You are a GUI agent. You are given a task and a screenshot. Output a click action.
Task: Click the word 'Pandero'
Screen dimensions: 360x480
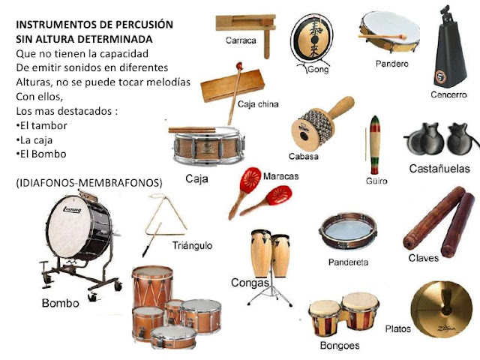pyautogui.click(x=392, y=64)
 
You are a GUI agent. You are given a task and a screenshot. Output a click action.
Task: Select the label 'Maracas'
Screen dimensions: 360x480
pyautogui.click(x=282, y=175)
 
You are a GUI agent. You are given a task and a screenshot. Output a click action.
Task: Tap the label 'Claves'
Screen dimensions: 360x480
pyautogui.click(x=424, y=258)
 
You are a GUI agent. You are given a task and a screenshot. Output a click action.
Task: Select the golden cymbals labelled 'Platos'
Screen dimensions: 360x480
pyautogui.click(x=443, y=307)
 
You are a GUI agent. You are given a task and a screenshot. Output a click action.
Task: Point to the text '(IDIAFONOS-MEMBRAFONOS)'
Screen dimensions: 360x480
pyautogui.click(x=88, y=182)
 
